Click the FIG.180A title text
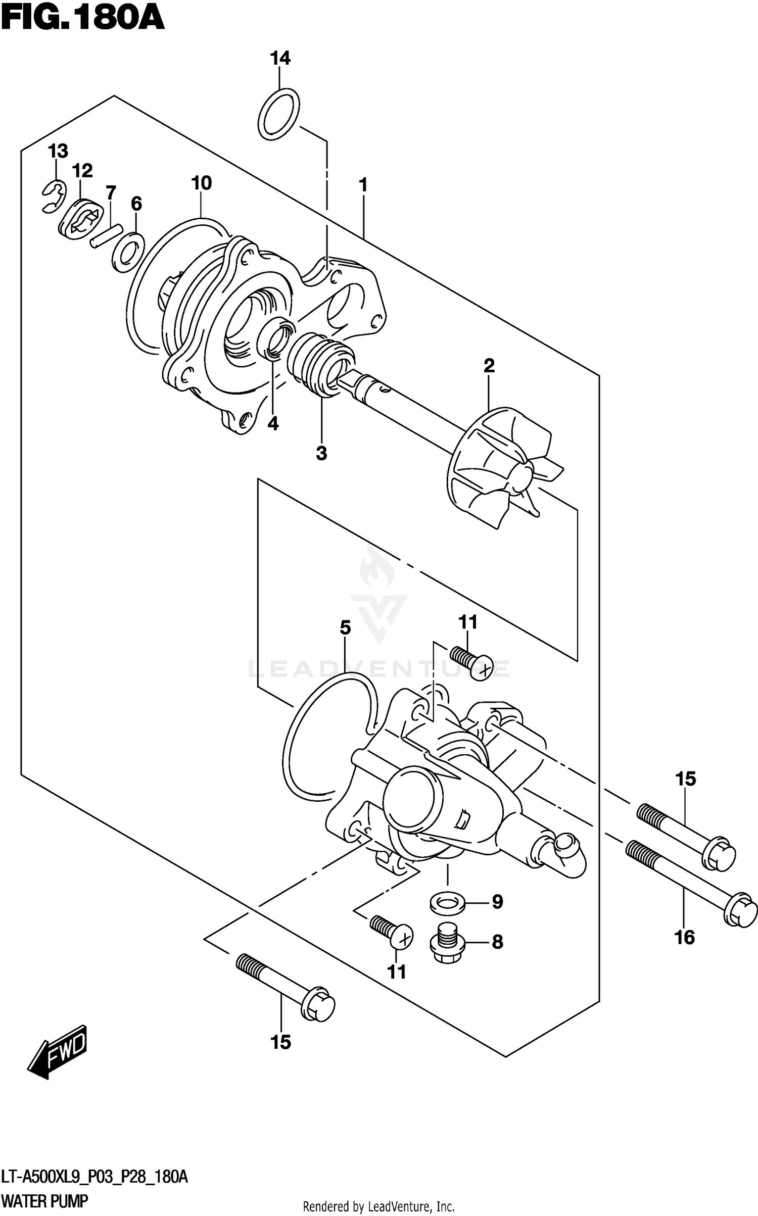[82, 19]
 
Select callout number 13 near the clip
[58, 151]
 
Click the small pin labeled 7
[107, 236]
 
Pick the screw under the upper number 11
[472, 663]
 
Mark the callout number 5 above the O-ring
[345, 628]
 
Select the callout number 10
[201, 183]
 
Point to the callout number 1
[363, 185]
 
